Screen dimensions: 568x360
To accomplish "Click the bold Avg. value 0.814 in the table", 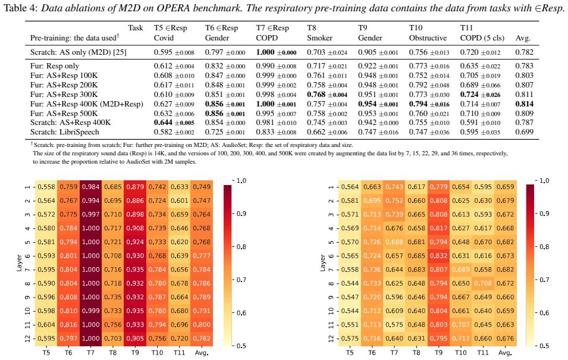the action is point(524,104).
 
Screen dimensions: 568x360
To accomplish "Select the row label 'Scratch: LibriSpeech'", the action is point(64,132).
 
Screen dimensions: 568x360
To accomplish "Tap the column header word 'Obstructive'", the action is point(428,38).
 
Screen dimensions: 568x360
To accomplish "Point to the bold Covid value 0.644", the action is point(163,123).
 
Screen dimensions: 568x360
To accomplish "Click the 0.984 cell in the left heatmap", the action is point(90,187).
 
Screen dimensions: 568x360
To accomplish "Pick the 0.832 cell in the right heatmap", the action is point(438,256).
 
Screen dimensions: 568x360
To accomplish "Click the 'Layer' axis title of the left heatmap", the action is point(19,263).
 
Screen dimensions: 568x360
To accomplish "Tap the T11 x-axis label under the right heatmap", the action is point(483,352).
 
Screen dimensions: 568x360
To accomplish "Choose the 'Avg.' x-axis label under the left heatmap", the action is point(202,352).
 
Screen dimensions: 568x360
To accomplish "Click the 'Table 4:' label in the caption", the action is point(20,8).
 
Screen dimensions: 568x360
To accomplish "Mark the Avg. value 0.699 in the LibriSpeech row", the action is point(524,132).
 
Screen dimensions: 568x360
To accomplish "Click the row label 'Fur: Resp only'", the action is point(55,66).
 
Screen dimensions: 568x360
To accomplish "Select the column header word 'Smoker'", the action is point(320,38).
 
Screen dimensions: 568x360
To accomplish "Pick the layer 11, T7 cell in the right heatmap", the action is point(394,325).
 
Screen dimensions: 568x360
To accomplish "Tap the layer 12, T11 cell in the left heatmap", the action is point(179,339).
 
